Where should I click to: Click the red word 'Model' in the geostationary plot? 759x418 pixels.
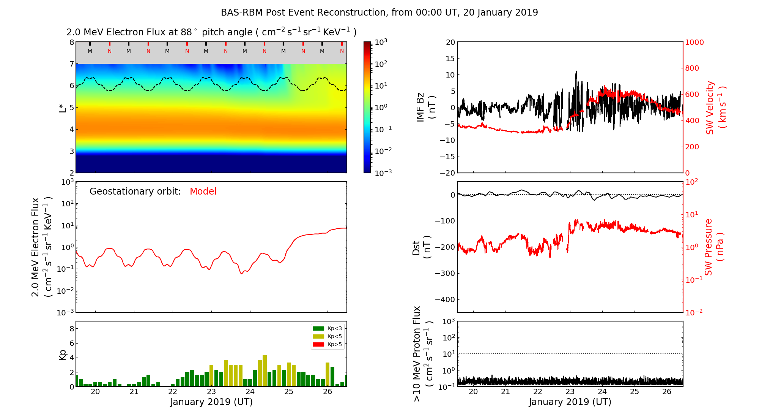(203, 192)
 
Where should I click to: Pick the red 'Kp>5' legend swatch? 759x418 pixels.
(318, 345)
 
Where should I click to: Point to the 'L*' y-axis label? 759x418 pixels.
(62, 107)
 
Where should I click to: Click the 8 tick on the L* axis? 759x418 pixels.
(71, 42)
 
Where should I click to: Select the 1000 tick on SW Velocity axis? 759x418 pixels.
(694, 42)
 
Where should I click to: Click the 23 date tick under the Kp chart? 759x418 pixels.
(211, 392)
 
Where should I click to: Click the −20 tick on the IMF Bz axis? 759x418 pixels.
(447, 173)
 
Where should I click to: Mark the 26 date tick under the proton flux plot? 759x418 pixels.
(667, 392)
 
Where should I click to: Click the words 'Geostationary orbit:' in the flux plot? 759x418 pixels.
(135, 192)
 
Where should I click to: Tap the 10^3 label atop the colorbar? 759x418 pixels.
(381, 42)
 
